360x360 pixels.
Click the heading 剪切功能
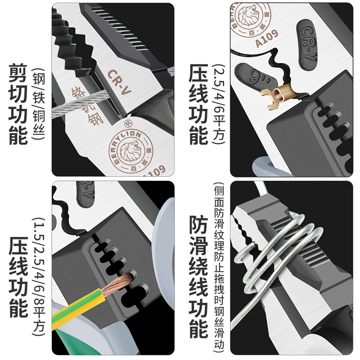pos(18,104)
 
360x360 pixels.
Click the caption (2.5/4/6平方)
pos(220,104)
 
